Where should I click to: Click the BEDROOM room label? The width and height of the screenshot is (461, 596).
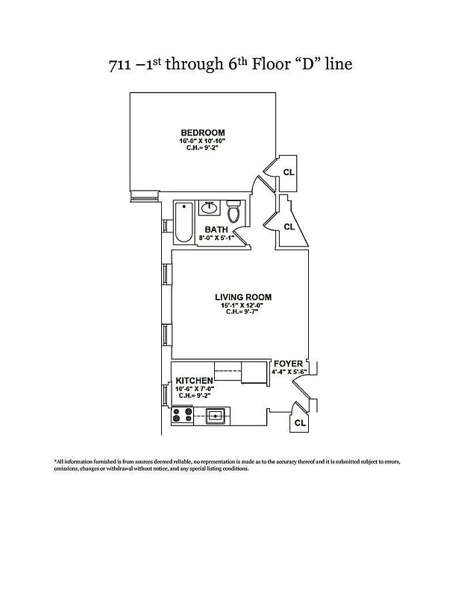click(202, 133)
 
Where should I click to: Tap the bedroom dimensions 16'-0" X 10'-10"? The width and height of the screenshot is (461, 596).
click(202, 140)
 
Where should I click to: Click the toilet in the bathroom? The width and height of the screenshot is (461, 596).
click(234, 212)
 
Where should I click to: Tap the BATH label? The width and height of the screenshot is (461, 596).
click(216, 229)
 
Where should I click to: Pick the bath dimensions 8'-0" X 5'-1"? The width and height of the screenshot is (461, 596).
click(217, 238)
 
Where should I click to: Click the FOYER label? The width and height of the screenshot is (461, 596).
click(288, 364)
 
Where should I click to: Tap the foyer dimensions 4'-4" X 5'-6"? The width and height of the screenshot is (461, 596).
click(289, 371)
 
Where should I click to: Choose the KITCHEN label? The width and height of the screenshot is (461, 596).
click(195, 381)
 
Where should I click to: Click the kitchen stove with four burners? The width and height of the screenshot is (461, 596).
click(183, 416)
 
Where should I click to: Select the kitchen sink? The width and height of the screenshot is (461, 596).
click(215, 416)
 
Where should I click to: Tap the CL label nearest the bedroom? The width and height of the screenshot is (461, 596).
click(289, 172)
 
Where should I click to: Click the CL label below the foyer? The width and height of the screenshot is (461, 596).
click(300, 423)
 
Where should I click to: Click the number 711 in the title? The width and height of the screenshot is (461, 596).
click(122, 65)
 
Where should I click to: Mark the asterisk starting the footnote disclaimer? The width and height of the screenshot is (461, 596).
click(55, 461)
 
